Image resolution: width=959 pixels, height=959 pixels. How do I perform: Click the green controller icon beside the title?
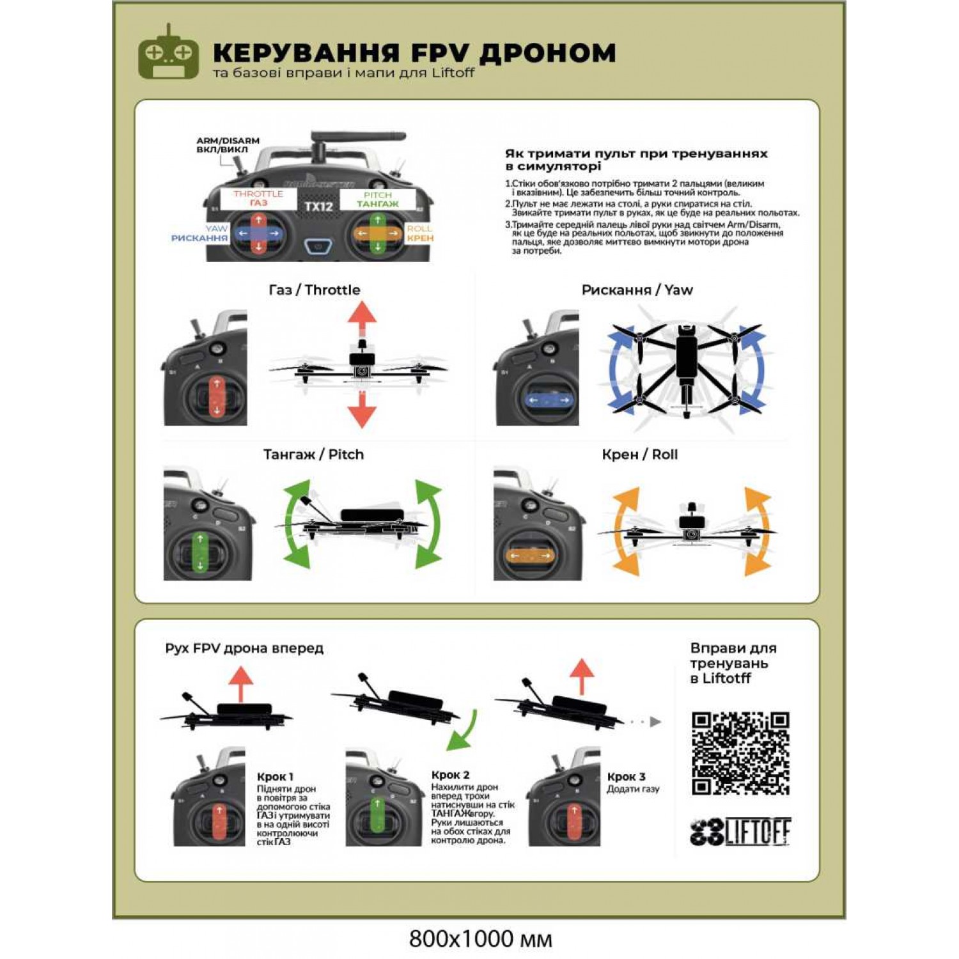click(168, 54)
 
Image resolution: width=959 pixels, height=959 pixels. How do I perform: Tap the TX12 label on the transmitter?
click(318, 207)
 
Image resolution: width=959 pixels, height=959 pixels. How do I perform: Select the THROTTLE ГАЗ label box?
click(258, 198)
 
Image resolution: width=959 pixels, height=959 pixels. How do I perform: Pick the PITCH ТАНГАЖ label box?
click(377, 199)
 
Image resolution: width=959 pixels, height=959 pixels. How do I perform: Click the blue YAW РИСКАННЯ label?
click(199, 233)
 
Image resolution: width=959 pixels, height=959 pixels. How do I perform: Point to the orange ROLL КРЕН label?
click(419, 233)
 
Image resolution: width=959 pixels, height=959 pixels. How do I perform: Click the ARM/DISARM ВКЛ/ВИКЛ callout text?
click(228, 145)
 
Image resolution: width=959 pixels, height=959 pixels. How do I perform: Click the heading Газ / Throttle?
click(314, 290)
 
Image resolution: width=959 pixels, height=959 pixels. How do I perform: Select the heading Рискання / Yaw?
click(637, 290)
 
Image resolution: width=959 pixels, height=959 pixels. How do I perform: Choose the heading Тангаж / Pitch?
click(313, 455)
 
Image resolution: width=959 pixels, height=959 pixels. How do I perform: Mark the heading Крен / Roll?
click(639, 455)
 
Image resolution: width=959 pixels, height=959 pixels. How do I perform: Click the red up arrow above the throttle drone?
click(362, 317)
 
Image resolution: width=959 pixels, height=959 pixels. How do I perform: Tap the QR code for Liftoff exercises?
click(740, 753)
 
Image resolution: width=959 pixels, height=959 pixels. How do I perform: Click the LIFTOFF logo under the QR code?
click(740, 831)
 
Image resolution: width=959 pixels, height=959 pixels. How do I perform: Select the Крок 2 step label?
click(450, 775)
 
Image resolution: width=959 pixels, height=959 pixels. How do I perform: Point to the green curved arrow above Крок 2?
click(463, 729)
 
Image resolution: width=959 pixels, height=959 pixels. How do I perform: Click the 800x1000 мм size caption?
click(480, 939)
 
